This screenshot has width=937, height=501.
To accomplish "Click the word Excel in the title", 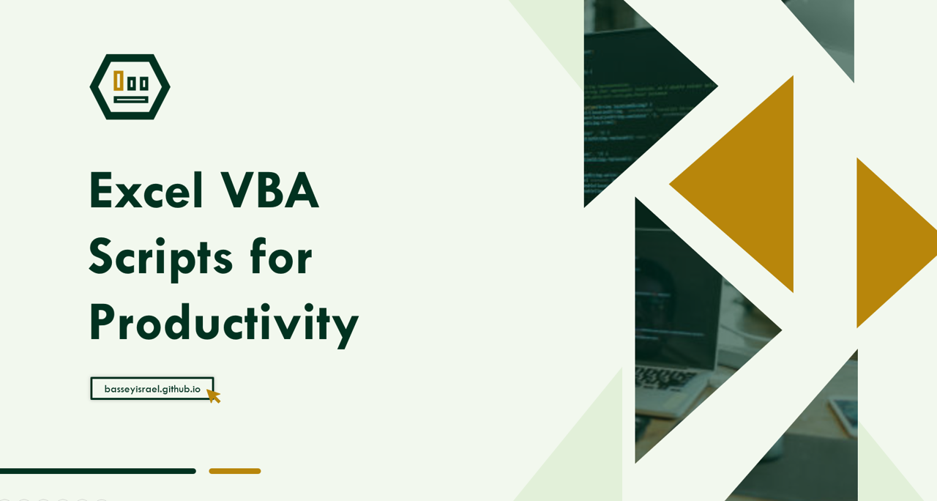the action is click(146, 190).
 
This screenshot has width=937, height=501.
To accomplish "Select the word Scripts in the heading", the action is click(160, 259).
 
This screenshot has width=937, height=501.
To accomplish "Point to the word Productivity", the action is click(224, 324).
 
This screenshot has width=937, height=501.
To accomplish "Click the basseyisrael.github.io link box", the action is click(152, 389).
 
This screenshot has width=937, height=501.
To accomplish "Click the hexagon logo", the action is click(130, 86).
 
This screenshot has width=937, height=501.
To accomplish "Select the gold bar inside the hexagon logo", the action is click(119, 81).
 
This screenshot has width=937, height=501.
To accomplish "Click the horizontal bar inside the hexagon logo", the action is click(131, 100).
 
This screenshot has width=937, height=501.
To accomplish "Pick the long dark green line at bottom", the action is click(98, 471).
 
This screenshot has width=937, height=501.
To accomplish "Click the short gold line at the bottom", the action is click(235, 471).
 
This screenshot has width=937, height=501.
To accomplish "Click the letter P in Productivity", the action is click(101, 322).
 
